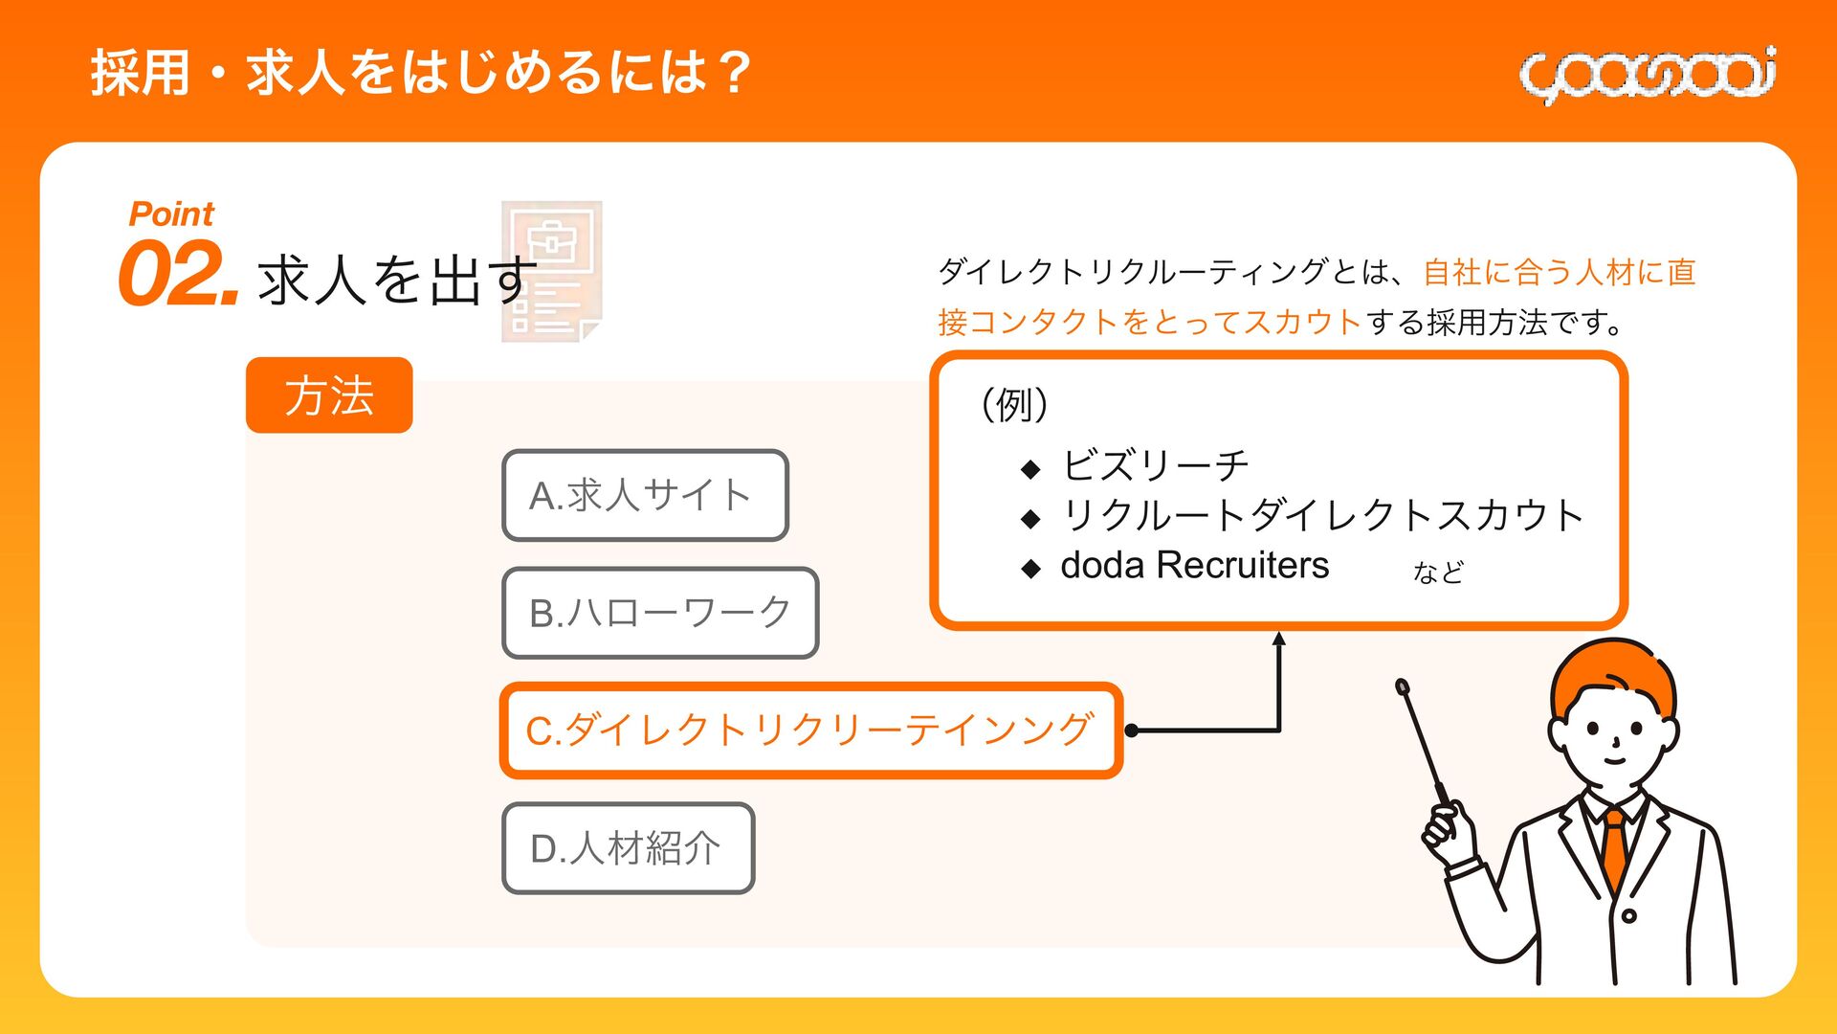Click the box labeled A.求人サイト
coord(645,495)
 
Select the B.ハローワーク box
coord(660,613)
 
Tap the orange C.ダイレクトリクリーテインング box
coord(809,731)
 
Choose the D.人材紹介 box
coord(628,848)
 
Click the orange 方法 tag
coord(329,395)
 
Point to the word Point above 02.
coord(171,214)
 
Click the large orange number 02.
coord(177,276)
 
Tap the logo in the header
coord(1648,74)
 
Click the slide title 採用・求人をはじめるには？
coord(421,73)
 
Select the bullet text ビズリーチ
coord(1155,466)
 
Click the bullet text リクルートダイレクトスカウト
coord(1322,516)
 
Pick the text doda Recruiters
coord(1194,566)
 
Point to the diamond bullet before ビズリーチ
coord(1030,469)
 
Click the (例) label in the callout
coord(1014,404)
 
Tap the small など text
coord(1438,573)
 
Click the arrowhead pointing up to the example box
coord(1278,640)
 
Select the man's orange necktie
coord(1615,847)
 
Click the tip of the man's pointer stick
coord(1403,686)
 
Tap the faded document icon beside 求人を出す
coord(552,271)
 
